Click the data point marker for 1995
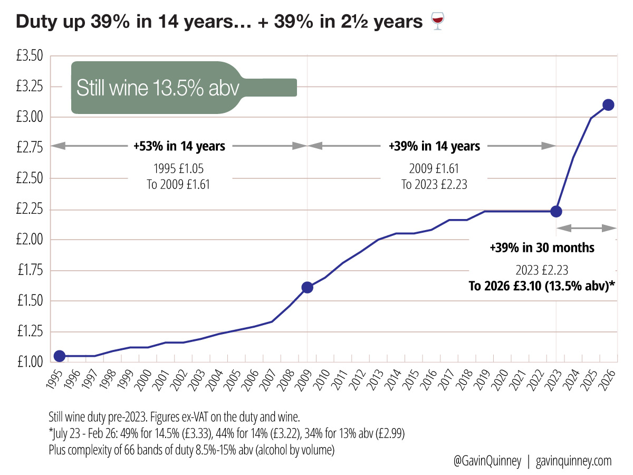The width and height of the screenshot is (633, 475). pos(60,356)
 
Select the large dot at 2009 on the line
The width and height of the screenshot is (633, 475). pos(307,288)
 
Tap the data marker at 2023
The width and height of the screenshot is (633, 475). pos(556,211)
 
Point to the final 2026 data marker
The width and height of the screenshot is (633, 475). pos(608,104)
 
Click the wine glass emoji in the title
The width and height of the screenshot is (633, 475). pos(437,22)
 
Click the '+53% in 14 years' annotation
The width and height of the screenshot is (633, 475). pos(180,146)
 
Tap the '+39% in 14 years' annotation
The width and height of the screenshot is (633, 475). pos(434,146)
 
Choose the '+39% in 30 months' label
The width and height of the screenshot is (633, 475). pos(542,248)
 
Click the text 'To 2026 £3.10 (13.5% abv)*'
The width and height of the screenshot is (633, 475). pos(542,286)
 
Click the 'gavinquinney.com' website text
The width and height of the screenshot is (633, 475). pos(573,461)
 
